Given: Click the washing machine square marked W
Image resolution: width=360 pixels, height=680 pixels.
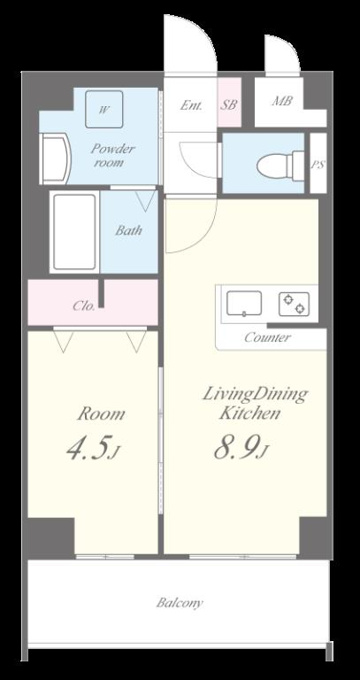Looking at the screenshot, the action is tap(104, 109).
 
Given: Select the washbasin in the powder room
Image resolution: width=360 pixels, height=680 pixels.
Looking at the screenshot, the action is tap(54, 159).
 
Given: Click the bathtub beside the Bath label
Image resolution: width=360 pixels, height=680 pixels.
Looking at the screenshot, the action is tap(75, 232).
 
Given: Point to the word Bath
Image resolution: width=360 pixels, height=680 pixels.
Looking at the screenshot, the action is tap(128, 230).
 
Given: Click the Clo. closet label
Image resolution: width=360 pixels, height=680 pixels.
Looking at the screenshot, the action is tap(84, 306).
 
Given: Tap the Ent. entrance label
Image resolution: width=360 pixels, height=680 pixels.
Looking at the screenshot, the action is tap(191, 105).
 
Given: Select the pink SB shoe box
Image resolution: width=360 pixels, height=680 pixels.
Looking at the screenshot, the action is tap(229, 102).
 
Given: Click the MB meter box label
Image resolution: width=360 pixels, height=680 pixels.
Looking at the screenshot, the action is tap(282, 101).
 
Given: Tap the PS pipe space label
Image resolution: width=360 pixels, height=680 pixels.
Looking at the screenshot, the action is tap(318, 165).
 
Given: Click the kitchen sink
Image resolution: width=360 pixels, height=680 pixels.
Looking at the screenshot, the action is tap(245, 304).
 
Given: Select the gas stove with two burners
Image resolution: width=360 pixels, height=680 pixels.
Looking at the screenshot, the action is tap(294, 304).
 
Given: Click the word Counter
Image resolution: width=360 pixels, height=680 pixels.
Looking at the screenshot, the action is tap(267, 337).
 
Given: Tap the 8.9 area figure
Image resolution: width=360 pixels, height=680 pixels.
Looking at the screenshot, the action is tap(238, 447).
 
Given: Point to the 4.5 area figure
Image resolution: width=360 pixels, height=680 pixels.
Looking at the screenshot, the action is tap(88, 449).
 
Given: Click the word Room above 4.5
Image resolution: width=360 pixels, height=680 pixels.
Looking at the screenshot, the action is tap(101, 414).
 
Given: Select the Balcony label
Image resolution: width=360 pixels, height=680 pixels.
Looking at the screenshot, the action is tap(180, 602).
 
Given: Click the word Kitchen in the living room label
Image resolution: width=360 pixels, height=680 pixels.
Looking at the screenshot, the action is tap(249, 413).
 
